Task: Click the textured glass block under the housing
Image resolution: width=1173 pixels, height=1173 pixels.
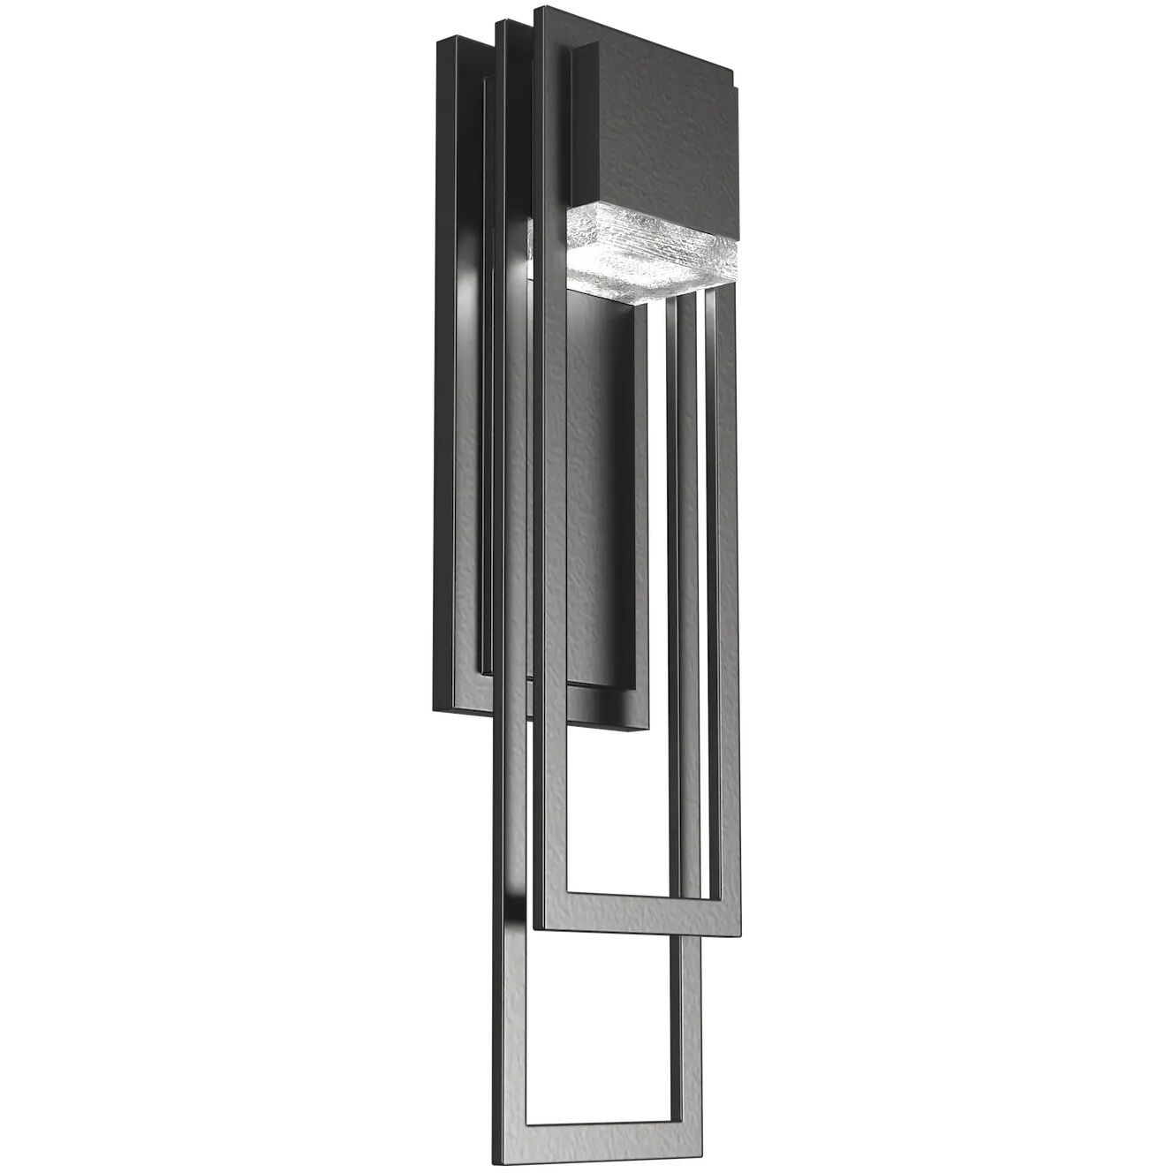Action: coord(649,253)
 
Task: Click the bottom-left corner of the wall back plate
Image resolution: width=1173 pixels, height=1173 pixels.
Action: coord(435,709)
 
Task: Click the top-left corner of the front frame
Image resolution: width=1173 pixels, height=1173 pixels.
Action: coord(538,11)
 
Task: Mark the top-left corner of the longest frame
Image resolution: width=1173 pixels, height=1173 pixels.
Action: coord(500,23)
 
